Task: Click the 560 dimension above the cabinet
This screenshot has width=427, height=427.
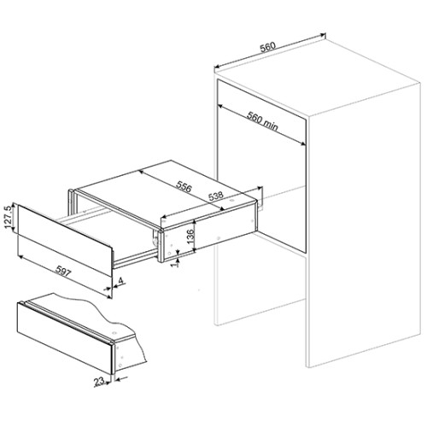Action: pyautogui.click(x=268, y=47)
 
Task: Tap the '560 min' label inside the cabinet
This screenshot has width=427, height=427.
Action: pyautogui.click(x=262, y=121)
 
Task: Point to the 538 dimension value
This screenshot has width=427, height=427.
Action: pyautogui.click(x=215, y=196)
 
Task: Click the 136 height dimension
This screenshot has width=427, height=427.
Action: pyautogui.click(x=190, y=235)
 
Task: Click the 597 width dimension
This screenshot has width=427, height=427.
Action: pyautogui.click(x=62, y=271)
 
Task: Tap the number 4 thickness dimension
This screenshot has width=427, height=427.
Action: pyautogui.click(x=120, y=281)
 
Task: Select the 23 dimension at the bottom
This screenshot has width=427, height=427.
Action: pyautogui.click(x=98, y=382)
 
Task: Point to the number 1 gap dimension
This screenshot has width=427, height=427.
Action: pyautogui.click(x=176, y=264)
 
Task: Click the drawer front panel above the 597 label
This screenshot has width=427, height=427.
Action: pyautogui.click(x=64, y=240)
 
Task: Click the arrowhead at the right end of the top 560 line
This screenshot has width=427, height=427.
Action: pyautogui.click(x=323, y=35)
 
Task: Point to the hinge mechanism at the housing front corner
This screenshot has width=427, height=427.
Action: pyautogui.click(x=155, y=239)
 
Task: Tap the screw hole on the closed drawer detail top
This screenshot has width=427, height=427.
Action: pyautogui.click(x=114, y=332)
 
